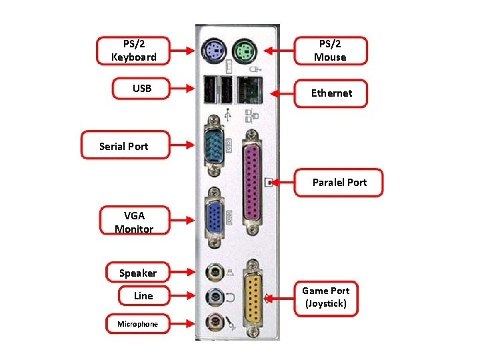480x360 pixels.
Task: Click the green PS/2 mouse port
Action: point(245,49)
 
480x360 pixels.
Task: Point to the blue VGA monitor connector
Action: point(213,217)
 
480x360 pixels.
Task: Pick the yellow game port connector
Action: point(253,298)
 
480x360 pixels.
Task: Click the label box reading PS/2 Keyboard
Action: point(134,51)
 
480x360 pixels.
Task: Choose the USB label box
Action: point(142,89)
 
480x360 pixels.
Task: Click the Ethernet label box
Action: point(331,93)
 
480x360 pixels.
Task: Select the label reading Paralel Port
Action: point(339,183)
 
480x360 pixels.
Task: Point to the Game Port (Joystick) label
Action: point(325,297)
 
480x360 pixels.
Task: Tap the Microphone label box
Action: point(138,324)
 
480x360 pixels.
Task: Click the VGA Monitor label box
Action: point(134,222)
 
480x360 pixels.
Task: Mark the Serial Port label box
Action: point(124,146)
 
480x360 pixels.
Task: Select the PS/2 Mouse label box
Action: point(331,51)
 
